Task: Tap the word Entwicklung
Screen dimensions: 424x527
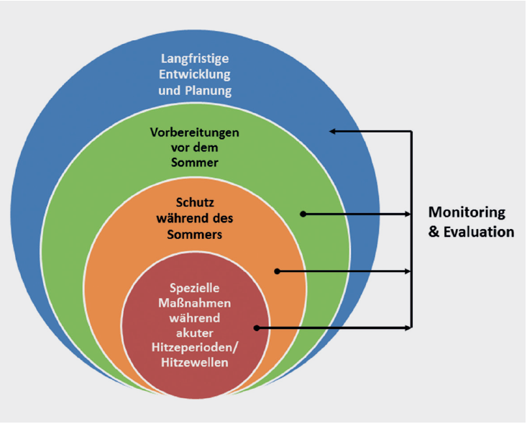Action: point(194,74)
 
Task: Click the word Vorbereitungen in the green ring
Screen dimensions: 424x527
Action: point(194,133)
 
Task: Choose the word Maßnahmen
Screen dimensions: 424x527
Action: point(196,302)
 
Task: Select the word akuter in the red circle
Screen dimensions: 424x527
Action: point(196,333)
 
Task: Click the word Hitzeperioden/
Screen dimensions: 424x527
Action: point(196,348)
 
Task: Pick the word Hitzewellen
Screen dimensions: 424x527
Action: point(196,363)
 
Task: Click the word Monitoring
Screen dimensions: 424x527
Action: point(467,213)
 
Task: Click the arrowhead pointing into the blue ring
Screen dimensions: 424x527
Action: point(334,131)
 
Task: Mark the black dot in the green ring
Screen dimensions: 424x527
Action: point(303,214)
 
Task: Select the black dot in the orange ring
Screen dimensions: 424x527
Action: point(276,271)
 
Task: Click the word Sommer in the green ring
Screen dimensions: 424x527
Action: point(194,163)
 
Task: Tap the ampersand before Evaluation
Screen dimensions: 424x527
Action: point(434,232)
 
